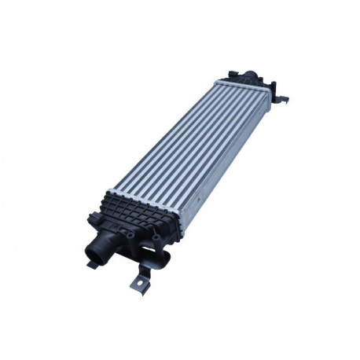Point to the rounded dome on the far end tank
[x=250, y=78]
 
